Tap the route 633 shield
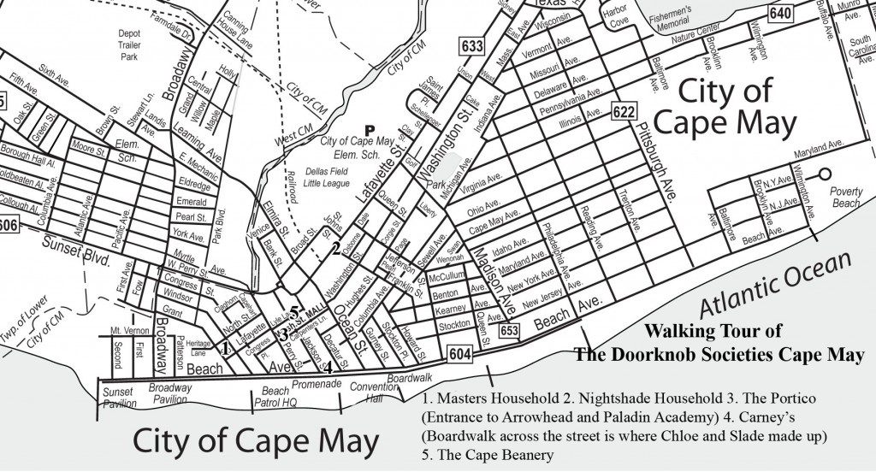click(471, 46)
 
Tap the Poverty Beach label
click(846, 198)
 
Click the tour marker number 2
click(336, 247)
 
